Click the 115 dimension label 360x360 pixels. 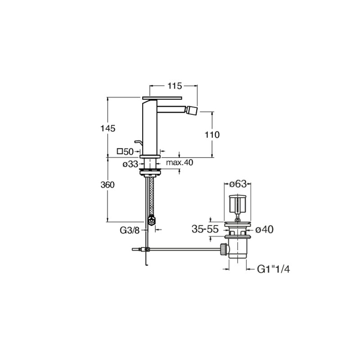[x=175, y=86]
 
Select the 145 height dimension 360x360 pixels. [x=108, y=129]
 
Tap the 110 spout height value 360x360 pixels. [x=212, y=135]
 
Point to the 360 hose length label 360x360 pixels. [x=108, y=185]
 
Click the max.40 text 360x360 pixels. [x=180, y=162]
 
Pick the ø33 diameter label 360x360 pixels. [x=130, y=164]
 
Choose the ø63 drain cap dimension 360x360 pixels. [x=238, y=184]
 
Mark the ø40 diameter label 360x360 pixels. [x=264, y=229]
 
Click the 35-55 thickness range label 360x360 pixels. [x=205, y=229]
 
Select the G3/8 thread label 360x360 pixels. [x=130, y=230]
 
